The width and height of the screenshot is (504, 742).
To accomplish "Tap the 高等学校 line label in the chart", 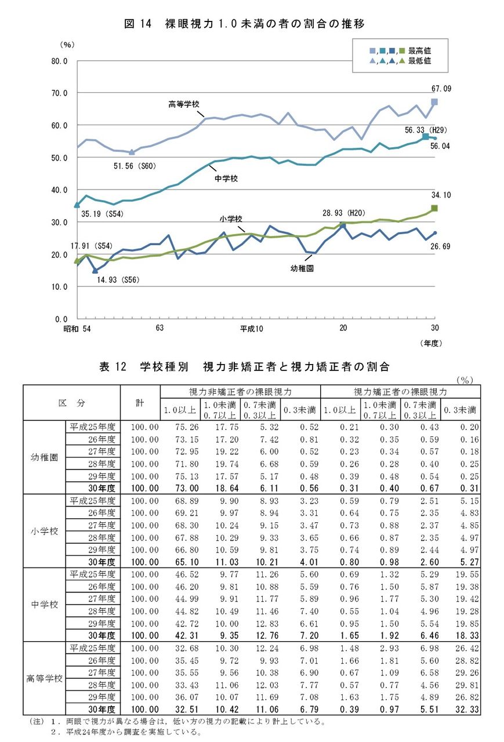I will [x=184, y=104].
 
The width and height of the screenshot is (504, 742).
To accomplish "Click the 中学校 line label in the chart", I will [x=226, y=179].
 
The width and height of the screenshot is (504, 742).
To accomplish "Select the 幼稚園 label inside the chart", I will [x=302, y=269].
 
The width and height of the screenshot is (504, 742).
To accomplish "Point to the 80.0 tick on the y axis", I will [x=60, y=61].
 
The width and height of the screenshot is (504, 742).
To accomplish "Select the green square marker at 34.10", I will [x=434, y=208].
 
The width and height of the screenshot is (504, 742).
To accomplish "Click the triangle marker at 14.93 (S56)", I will [x=95, y=270].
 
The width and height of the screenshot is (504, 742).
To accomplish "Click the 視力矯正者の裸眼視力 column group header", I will [x=400, y=392].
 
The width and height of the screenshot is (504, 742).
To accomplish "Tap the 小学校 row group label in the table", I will [x=44, y=530].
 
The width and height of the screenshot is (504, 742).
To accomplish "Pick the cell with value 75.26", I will [x=179, y=427].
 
